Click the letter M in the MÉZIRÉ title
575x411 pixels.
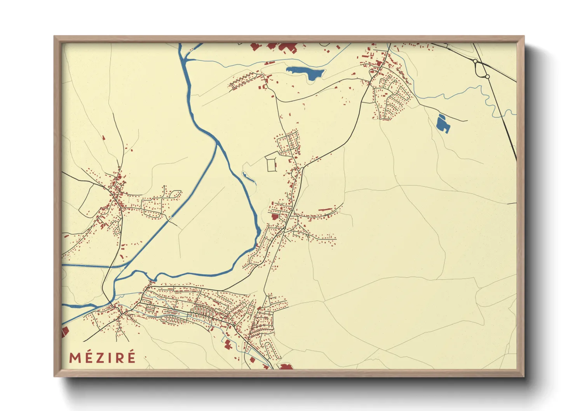tap(75, 357)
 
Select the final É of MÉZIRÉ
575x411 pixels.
tap(131, 357)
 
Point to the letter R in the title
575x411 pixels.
tap(119, 357)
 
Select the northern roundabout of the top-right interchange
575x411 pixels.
tap(475, 61)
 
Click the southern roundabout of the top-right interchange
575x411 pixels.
tap(487, 77)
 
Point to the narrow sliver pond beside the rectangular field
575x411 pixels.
tap(249, 178)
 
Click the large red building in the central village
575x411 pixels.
tap(275, 217)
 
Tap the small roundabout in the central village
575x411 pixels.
tap(285, 228)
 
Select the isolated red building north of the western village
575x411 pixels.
tap(103, 138)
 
